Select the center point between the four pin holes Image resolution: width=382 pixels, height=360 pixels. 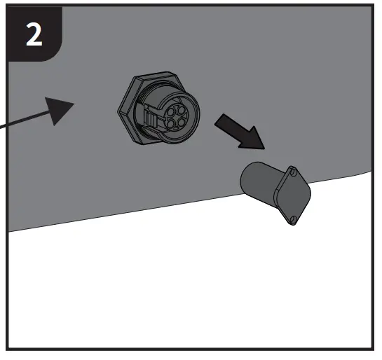pyautogui.click(x=175, y=117)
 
